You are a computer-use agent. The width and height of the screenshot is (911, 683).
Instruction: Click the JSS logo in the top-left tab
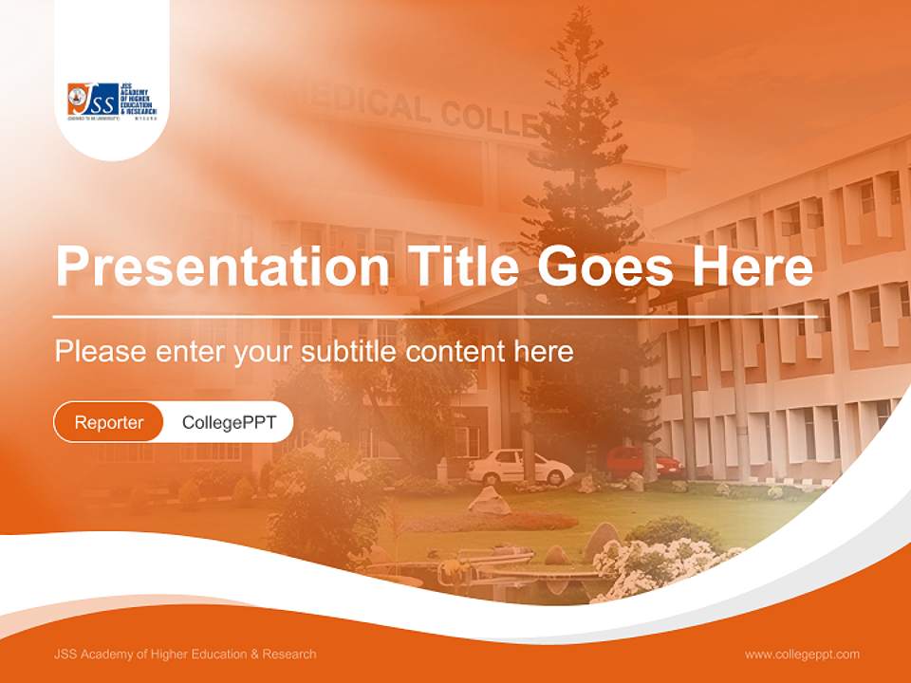pyautogui.click(x=111, y=101)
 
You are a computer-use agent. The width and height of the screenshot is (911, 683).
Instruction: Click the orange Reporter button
pyautogui.click(x=109, y=422)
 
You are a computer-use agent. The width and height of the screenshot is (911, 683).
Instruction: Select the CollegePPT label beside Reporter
pyautogui.click(x=229, y=422)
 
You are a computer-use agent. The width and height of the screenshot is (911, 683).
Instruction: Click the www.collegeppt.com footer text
pyautogui.click(x=802, y=654)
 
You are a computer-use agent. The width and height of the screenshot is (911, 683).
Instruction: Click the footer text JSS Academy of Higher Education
pyautogui.click(x=185, y=654)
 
